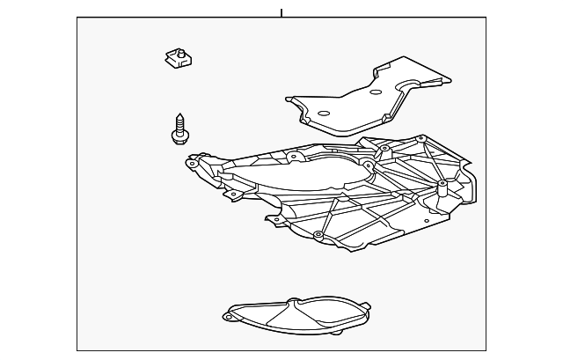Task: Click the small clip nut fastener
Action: tap(179, 60)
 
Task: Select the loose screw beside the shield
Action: tap(179, 128)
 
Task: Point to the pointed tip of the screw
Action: tap(179, 114)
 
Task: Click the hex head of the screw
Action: tap(179, 136)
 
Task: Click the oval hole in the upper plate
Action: tap(322, 113)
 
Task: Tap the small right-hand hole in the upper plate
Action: tap(376, 92)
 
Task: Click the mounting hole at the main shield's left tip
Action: tap(192, 164)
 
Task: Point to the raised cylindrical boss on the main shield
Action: tap(440, 187)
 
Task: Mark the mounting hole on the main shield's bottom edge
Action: tap(318, 235)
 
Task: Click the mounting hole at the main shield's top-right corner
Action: tap(421, 138)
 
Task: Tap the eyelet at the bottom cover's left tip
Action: tap(228, 315)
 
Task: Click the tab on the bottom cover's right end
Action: tap(366, 307)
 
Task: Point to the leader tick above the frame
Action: tap(281, 12)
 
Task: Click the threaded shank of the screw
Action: tap(179, 122)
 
